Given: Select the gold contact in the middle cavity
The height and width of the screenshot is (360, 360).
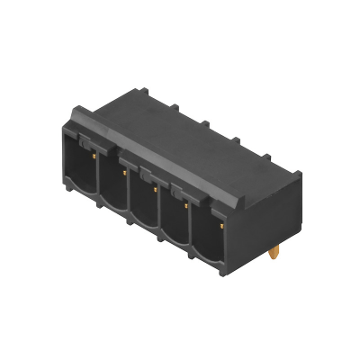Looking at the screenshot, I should pos(155,189).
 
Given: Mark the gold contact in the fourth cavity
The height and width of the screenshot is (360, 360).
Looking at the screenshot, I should pos(186,205).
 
